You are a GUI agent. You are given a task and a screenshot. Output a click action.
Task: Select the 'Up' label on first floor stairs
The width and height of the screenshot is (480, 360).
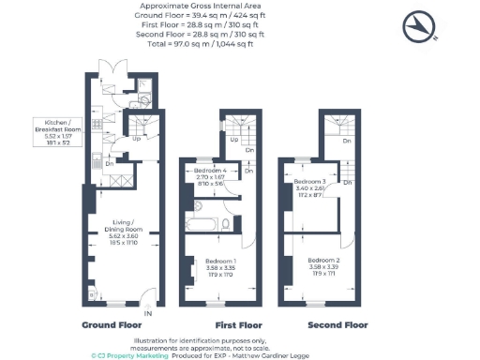[232, 140]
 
